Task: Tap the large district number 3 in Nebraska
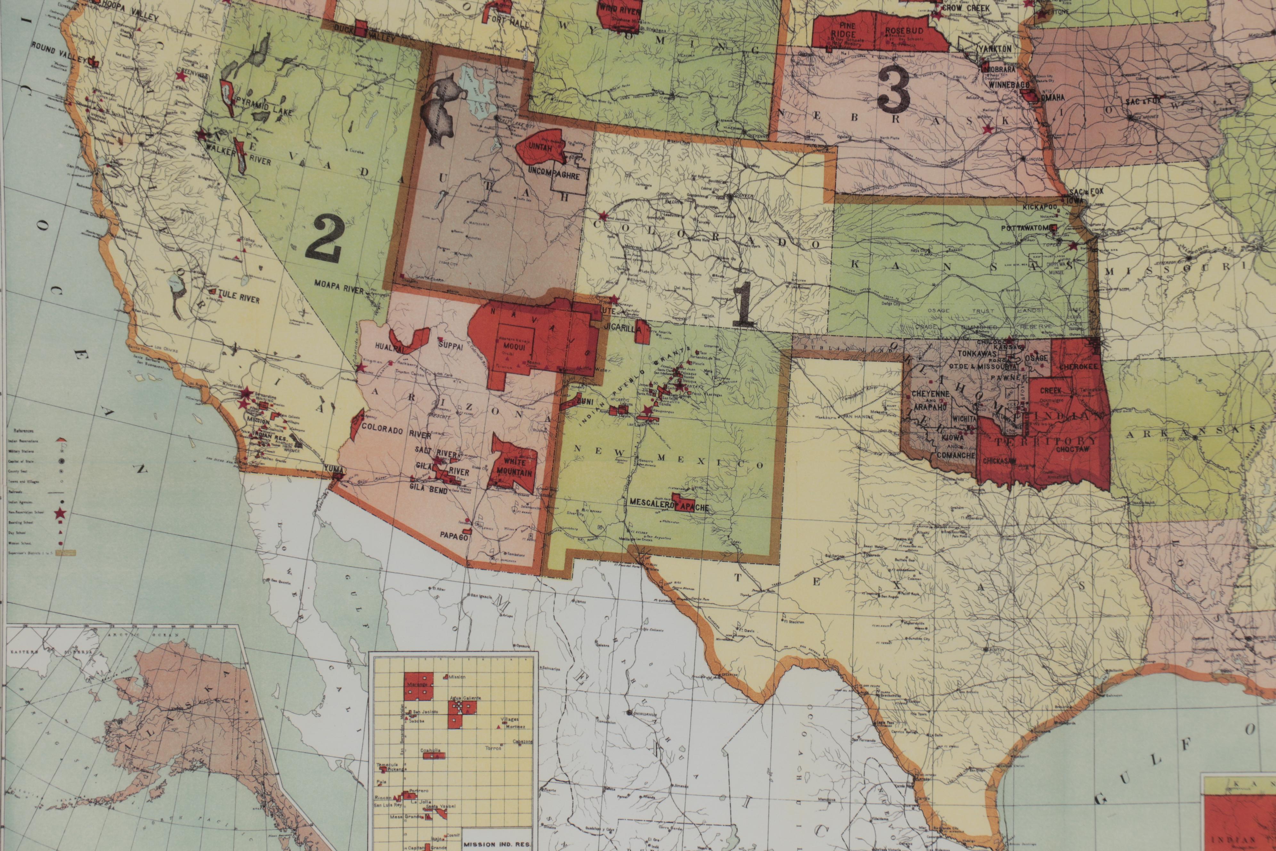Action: click(x=893, y=91)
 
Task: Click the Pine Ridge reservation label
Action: click(x=843, y=30)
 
